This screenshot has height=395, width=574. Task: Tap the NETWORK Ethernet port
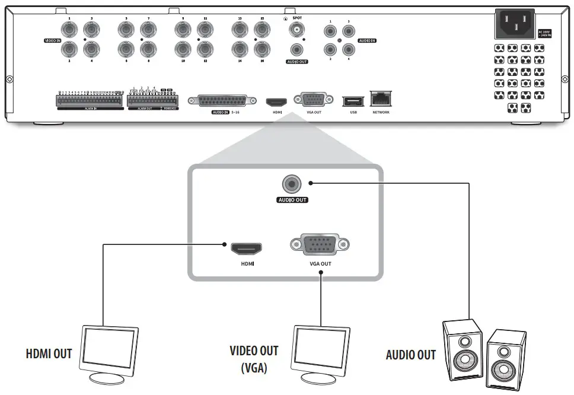click(x=381, y=100)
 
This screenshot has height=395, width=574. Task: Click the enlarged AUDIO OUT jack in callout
click(x=292, y=184)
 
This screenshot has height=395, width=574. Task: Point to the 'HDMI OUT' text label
click(x=49, y=354)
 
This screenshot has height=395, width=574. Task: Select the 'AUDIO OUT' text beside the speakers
click(x=410, y=355)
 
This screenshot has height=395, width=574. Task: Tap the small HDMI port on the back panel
click(x=276, y=101)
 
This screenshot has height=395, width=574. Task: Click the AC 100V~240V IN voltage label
click(x=544, y=34)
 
